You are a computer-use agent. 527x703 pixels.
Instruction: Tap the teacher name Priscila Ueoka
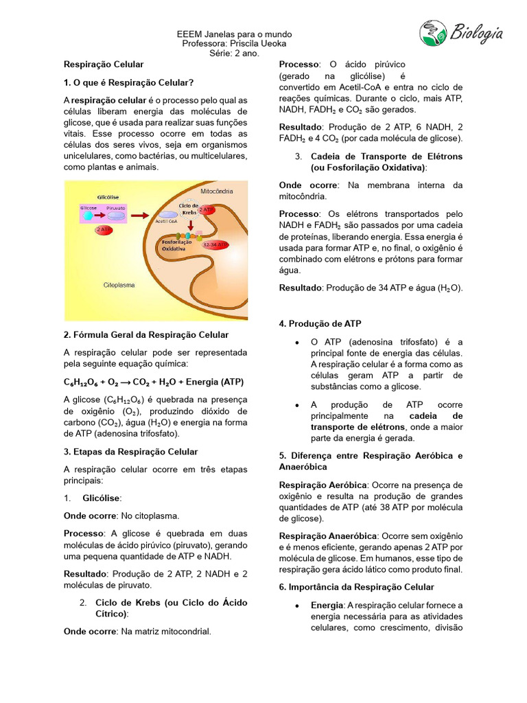pos(253,44)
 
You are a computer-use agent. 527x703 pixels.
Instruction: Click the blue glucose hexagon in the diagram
pos(88,215)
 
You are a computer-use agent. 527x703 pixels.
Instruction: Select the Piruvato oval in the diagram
pos(115,215)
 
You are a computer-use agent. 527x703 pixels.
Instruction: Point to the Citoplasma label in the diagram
pos(119,284)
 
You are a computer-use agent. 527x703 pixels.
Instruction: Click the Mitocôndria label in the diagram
pos(216,190)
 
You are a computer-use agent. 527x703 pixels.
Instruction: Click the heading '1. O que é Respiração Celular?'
pos(129,82)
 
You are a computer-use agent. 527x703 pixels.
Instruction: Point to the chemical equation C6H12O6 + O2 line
pos(154,382)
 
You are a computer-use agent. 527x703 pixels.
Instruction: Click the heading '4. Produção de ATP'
pos(320,323)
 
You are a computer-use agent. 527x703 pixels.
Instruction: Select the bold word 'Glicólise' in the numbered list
pos(102,498)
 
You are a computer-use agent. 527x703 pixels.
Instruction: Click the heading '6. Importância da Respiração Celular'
pos(356,587)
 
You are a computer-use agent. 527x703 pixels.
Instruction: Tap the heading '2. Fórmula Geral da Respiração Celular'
pos(146,334)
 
